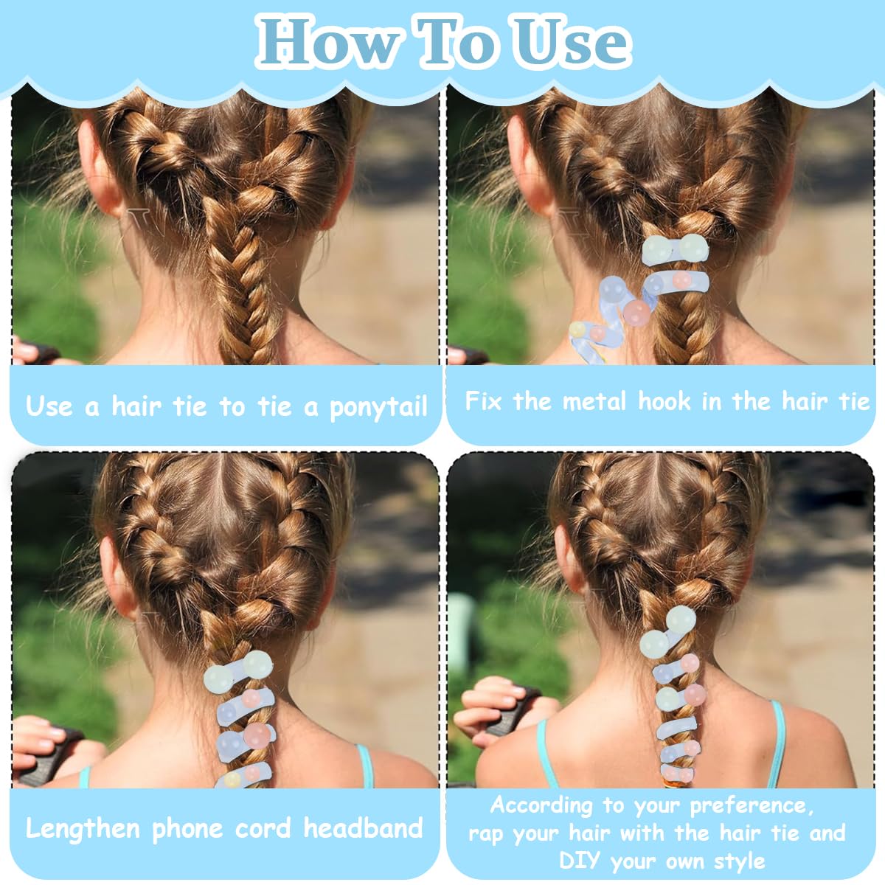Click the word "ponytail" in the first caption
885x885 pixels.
pos(379,407)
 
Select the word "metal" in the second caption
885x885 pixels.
pos(594,401)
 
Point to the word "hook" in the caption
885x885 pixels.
pos(664,401)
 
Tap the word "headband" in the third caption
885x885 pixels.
pos(364,827)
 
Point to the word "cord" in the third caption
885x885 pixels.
pos(263,827)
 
